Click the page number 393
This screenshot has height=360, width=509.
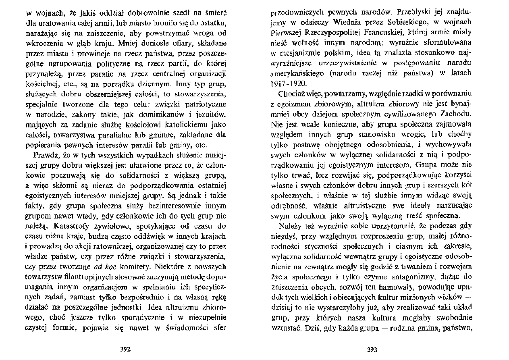pos(372,350)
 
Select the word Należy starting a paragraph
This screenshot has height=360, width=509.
pos(287,226)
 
